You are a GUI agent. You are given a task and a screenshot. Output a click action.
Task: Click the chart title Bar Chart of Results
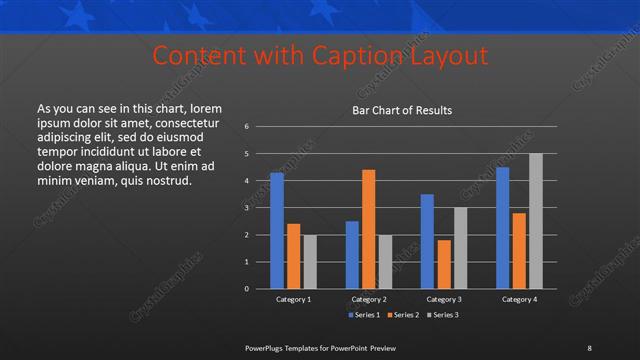click(401, 110)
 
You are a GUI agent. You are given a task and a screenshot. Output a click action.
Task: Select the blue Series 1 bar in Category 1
click(277, 230)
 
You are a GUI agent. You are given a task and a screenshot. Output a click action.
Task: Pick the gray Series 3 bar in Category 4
click(536, 220)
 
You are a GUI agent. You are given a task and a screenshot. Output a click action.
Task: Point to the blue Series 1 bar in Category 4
click(503, 227)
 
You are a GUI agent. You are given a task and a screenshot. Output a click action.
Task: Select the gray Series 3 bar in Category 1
click(310, 261)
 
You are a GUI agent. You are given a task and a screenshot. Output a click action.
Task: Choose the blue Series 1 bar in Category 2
click(352, 254)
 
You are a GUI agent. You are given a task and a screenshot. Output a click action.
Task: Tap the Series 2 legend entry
click(403, 315)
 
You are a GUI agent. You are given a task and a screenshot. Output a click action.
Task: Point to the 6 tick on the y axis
click(246, 127)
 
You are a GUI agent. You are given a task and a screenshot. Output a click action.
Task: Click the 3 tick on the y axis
click(246, 208)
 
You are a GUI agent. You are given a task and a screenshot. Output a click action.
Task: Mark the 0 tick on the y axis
click(246, 289)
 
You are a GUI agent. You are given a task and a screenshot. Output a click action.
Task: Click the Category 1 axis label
click(294, 299)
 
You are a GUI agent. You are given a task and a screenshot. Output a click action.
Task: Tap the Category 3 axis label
click(444, 299)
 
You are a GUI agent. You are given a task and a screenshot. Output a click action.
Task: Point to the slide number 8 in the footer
click(589, 347)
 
